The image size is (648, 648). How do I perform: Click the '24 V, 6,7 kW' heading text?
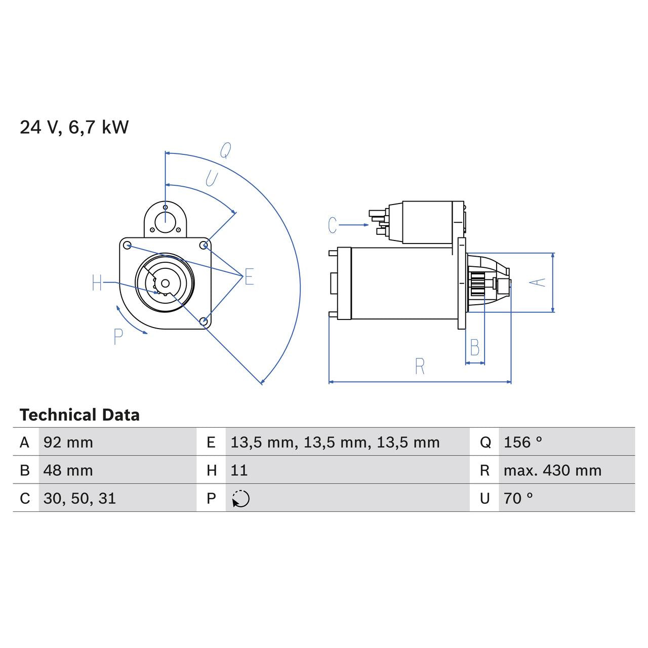click(x=74, y=127)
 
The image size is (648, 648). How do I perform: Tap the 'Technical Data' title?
click(x=79, y=415)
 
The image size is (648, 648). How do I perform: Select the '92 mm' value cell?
click(x=68, y=442)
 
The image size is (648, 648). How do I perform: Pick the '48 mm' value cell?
click(x=68, y=470)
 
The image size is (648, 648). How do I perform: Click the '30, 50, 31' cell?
click(x=79, y=499)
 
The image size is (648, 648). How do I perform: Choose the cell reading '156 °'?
click(x=522, y=442)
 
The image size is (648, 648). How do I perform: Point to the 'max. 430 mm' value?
click(x=552, y=470)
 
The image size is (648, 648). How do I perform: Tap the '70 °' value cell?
click(x=518, y=499)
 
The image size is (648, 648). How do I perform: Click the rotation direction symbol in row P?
click(x=241, y=499)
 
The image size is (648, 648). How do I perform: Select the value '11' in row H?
click(x=239, y=470)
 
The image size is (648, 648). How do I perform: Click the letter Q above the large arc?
click(x=225, y=150)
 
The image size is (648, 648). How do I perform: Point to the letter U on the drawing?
click(x=211, y=178)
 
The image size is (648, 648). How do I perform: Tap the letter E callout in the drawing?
click(x=249, y=277)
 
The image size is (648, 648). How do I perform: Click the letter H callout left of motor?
click(x=97, y=283)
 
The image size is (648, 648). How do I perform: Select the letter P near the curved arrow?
click(x=118, y=337)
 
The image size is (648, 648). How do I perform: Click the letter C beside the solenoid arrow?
click(x=332, y=225)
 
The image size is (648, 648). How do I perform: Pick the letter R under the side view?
click(x=419, y=367)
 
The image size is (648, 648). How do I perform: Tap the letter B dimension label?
click(x=474, y=348)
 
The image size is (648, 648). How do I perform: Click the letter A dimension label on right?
click(x=540, y=282)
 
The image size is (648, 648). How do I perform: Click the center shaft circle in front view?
click(x=165, y=283)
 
